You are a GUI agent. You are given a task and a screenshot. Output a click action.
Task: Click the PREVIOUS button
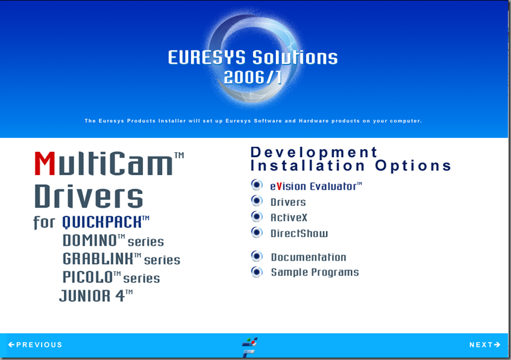click(x=35, y=345)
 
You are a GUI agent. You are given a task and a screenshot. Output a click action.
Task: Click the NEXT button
click(x=484, y=345)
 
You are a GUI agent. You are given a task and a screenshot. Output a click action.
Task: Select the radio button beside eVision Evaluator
click(x=257, y=185)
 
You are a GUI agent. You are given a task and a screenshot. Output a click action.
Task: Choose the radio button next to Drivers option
click(x=257, y=201)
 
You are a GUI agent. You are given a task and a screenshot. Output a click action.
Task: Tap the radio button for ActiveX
click(x=257, y=217)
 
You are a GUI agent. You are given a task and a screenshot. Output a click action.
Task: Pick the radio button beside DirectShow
click(x=257, y=232)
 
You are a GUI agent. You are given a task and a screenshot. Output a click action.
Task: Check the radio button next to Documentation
click(x=257, y=256)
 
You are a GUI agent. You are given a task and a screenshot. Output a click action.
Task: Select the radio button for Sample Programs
click(x=257, y=272)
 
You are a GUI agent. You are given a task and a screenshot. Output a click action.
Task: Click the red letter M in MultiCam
click(x=45, y=164)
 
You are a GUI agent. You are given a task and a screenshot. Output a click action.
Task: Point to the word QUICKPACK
click(x=102, y=222)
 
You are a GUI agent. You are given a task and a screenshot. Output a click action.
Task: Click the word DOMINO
click(x=90, y=241)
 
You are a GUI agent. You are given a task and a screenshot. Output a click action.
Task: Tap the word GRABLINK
click(x=98, y=259)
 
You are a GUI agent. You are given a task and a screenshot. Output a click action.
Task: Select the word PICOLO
click(x=87, y=278)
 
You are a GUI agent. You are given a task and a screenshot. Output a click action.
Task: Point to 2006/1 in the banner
click(x=253, y=78)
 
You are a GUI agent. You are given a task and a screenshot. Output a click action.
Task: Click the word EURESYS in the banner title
click(x=207, y=58)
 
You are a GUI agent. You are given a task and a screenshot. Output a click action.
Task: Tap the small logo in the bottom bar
click(x=249, y=347)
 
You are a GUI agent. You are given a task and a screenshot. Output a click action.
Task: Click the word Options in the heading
click(x=413, y=166)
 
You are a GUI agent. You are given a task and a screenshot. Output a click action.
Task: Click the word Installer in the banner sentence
click(x=172, y=121)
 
